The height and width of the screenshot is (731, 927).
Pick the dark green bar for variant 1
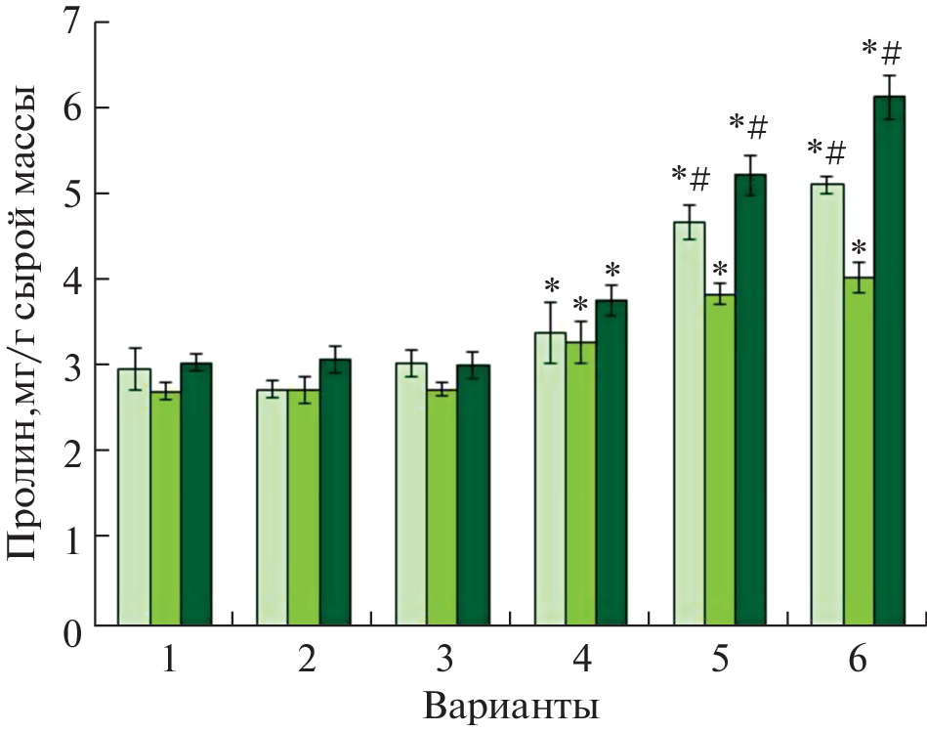pyautogui.click(x=195, y=494)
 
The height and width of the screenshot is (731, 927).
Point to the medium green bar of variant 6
pyautogui.click(x=859, y=451)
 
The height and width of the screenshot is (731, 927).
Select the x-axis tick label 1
pyautogui.click(x=168, y=661)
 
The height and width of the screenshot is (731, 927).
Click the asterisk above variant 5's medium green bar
pyautogui.click(x=720, y=269)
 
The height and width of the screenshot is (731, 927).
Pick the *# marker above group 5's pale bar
pyautogui.click(x=691, y=179)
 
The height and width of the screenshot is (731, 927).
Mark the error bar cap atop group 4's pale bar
pyautogui.click(x=551, y=303)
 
